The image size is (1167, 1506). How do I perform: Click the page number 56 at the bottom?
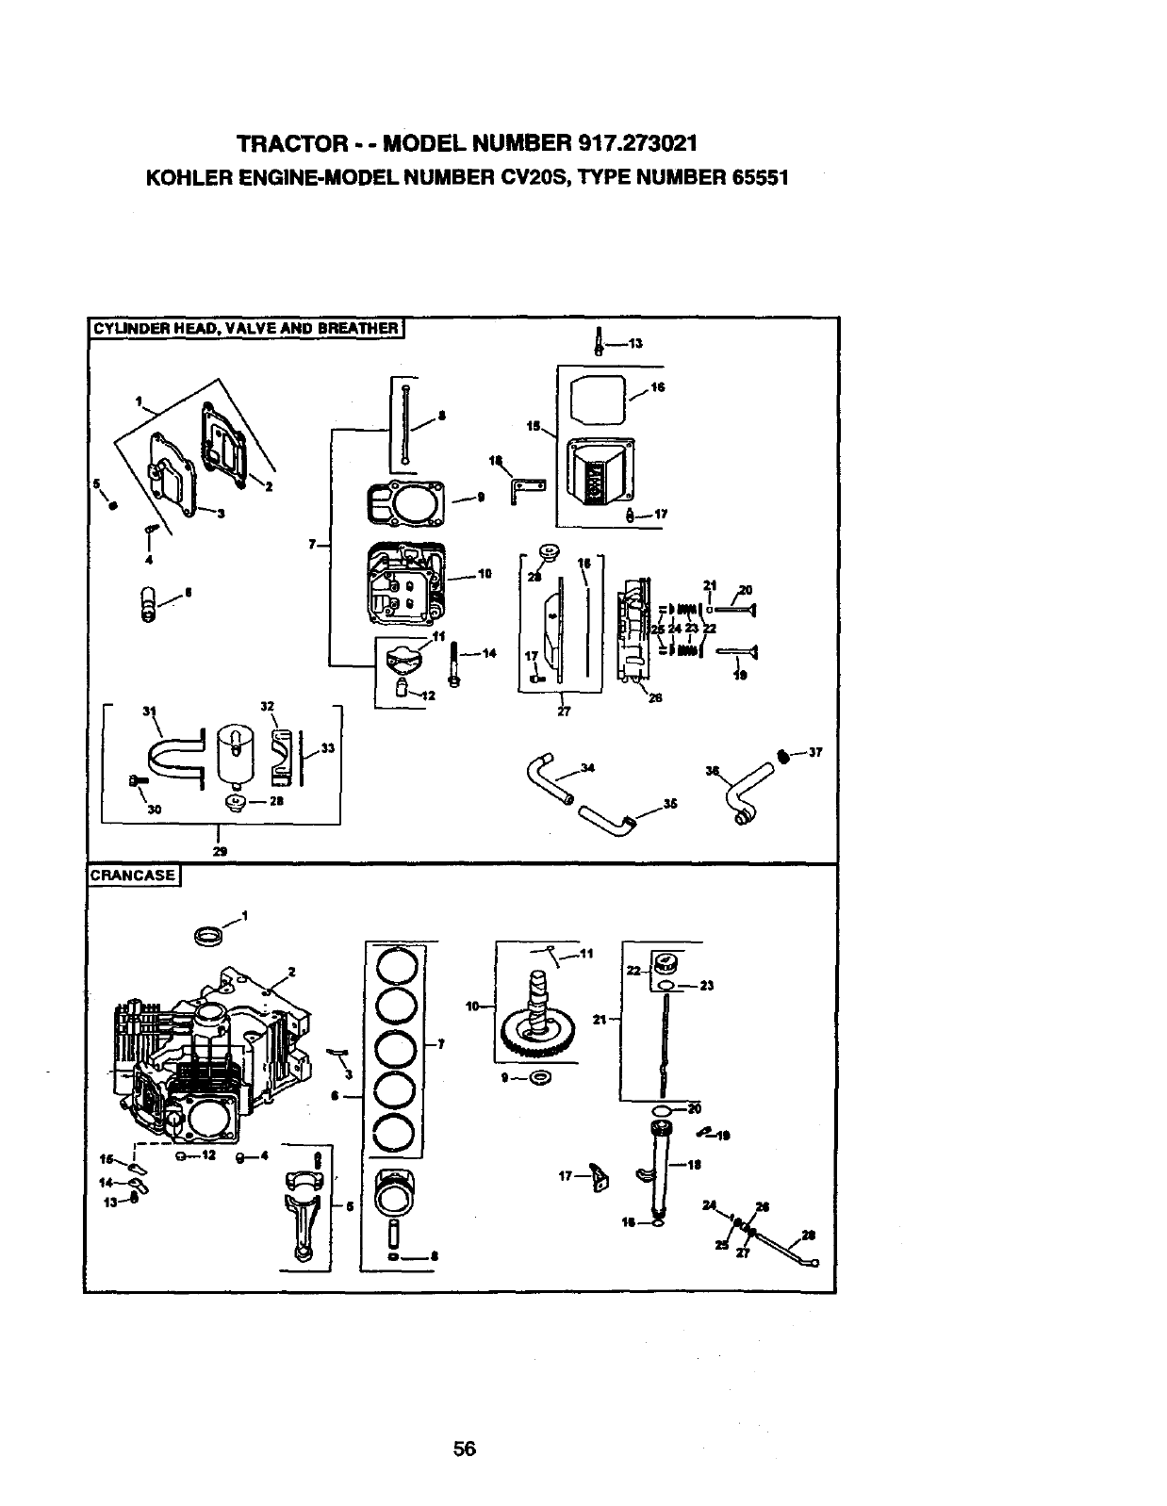coord(464,1449)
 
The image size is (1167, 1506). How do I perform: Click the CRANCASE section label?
coord(133,876)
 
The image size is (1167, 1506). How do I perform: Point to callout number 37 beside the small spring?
coord(815,752)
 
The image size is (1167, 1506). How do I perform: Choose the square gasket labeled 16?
coord(600,400)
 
